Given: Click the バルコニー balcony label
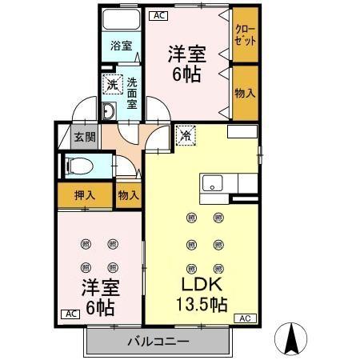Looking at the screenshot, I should [158, 342].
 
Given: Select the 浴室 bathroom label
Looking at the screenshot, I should [121, 46].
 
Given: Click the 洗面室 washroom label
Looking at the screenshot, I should [131, 92].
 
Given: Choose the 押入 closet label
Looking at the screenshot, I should [85, 194].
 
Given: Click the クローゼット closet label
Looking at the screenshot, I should [246, 35].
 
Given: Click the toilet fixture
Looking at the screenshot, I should [80, 166].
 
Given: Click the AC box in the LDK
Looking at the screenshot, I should [243, 318].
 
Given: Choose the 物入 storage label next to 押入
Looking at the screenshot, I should [128, 194].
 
